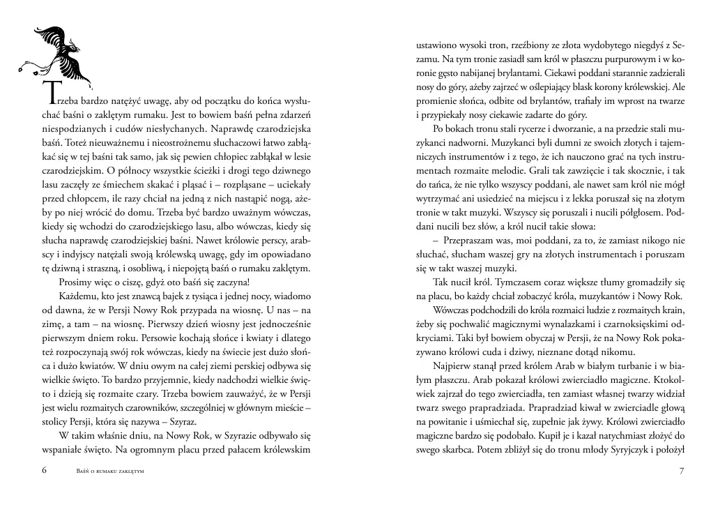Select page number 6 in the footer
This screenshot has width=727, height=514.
[44, 471]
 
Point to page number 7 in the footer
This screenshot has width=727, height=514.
[682, 471]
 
